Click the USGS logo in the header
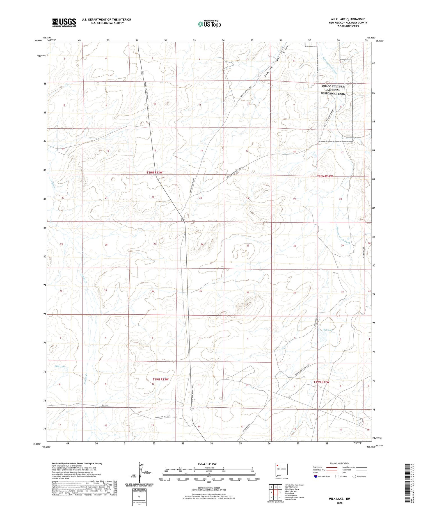(64, 22)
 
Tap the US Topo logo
(209, 24)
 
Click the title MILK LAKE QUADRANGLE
(348, 19)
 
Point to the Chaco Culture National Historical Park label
(333, 90)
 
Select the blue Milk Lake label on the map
(60, 366)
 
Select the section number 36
(248, 293)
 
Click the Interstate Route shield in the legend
(316, 476)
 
